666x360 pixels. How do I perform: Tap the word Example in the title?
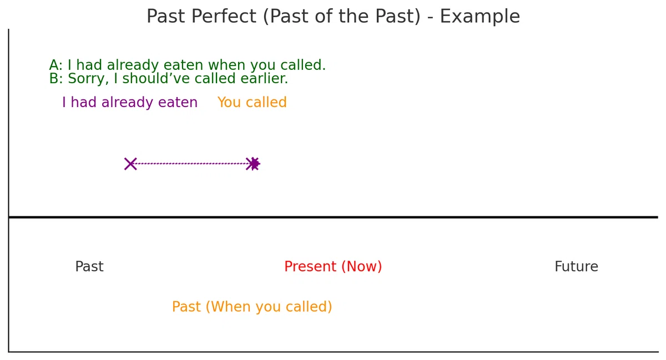[480, 17]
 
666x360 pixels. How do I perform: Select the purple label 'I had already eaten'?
[130, 103]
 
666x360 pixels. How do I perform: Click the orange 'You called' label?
[252, 102]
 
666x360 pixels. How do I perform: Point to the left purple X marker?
[130, 164]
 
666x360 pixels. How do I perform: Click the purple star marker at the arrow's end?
[255, 164]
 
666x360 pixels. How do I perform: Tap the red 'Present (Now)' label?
[333, 266]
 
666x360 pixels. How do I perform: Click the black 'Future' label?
[576, 266]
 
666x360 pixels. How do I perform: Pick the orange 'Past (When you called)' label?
[252, 307]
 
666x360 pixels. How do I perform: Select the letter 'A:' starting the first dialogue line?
[56, 65]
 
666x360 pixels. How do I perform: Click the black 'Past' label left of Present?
[89, 266]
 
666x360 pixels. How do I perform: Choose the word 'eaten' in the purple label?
[178, 103]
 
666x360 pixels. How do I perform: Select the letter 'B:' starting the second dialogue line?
[56, 78]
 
